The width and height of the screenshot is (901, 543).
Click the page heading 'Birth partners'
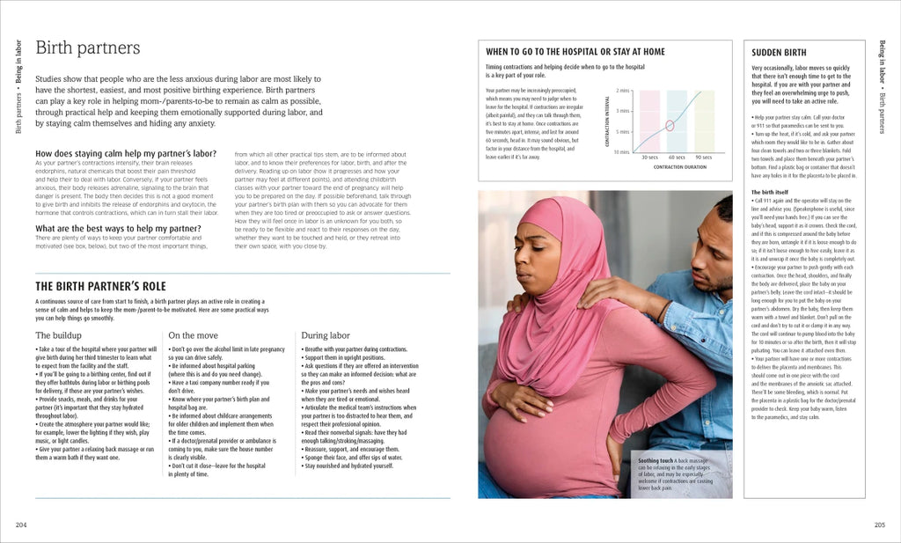(87, 48)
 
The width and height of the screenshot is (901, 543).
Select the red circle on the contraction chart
(670, 125)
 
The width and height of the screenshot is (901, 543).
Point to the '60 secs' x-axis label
(677, 157)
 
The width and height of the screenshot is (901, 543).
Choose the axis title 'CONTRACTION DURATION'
(680, 167)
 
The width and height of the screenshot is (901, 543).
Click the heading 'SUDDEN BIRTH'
(779, 53)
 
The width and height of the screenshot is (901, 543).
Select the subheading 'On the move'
(193, 335)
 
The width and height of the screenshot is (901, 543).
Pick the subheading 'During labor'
(326, 335)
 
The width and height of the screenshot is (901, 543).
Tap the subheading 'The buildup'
(59, 335)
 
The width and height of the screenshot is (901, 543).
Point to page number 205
(879, 525)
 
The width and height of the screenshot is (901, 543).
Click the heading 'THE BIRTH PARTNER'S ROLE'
(100, 286)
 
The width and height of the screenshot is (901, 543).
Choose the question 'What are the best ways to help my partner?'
(117, 229)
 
